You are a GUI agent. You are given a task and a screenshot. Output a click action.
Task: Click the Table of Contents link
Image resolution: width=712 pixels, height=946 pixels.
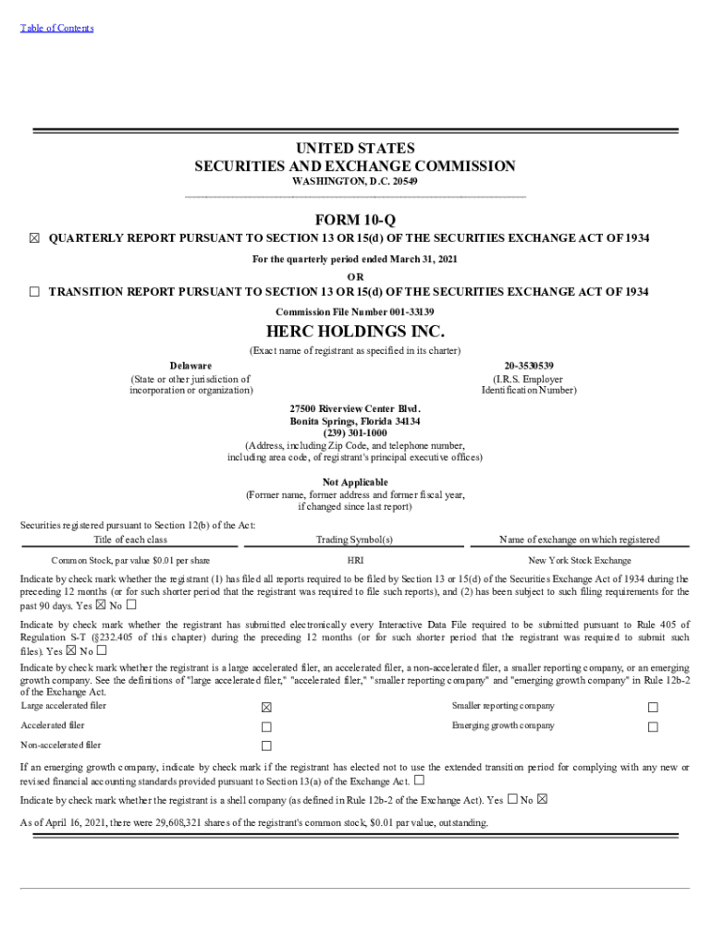click(x=56, y=28)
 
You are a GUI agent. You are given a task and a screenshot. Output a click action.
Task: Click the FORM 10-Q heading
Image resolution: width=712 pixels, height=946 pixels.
click(x=355, y=220)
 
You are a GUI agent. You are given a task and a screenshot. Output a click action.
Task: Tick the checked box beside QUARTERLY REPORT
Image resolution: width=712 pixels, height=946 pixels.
click(x=34, y=238)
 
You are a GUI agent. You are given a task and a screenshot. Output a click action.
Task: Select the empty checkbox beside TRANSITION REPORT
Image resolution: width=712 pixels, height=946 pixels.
click(x=34, y=292)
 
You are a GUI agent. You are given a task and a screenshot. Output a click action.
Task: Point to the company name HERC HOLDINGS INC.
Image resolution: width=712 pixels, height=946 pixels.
click(x=355, y=331)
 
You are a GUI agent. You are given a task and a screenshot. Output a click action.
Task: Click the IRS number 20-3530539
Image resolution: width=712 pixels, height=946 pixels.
click(x=529, y=366)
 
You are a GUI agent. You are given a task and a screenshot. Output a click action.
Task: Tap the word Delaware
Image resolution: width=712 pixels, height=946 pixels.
click(x=190, y=366)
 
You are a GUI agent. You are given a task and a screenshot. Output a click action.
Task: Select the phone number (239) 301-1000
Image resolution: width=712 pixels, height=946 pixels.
click(x=355, y=433)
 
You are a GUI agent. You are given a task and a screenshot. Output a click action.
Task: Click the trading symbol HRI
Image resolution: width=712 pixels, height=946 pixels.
click(x=355, y=561)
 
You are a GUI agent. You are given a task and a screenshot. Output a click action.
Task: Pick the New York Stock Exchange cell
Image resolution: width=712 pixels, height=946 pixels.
click(x=580, y=561)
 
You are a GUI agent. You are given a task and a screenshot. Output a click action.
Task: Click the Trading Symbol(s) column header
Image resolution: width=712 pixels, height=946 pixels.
click(x=355, y=540)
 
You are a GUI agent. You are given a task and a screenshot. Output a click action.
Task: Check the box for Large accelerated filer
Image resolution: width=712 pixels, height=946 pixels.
click(x=266, y=707)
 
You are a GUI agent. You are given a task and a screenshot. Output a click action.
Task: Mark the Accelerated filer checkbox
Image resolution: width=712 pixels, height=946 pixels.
click(x=266, y=726)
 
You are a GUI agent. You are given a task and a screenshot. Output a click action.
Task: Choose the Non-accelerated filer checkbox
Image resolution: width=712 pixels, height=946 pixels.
click(x=266, y=746)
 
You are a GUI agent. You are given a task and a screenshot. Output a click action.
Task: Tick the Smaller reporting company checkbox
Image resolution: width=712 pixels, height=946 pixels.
click(x=653, y=707)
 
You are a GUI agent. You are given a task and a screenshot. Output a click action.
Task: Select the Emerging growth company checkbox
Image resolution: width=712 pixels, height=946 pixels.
click(x=653, y=726)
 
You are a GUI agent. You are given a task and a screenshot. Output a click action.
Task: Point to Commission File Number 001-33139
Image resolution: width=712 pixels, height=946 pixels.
click(x=355, y=311)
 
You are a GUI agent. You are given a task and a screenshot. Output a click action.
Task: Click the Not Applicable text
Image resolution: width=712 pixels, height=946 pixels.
click(x=355, y=482)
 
